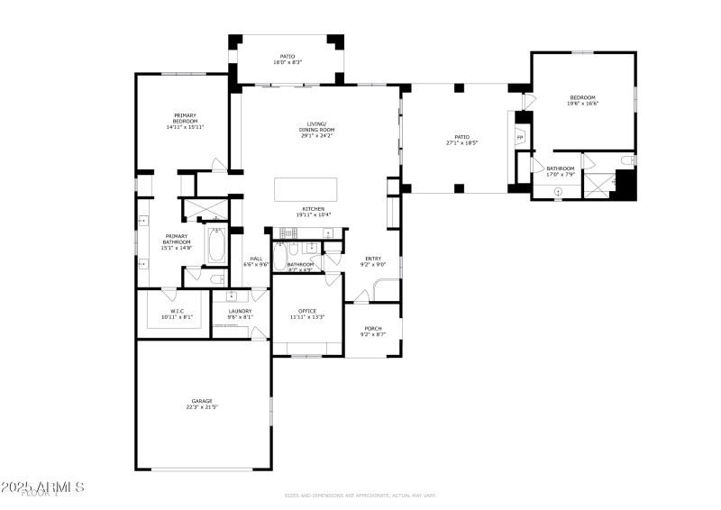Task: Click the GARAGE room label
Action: coord(202,401)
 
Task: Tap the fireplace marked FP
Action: coord(519,137)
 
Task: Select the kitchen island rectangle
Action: coord(306,189)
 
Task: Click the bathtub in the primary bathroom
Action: coord(217,245)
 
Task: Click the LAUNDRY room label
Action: coord(240,311)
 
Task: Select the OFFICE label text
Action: coord(307,311)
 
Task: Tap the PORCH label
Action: coord(373,328)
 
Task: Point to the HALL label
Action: coord(256,259)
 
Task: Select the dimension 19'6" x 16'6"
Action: coord(583,104)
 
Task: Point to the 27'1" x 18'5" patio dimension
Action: coord(461,142)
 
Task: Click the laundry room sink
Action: coord(232,295)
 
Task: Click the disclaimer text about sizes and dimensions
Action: coord(360,495)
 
